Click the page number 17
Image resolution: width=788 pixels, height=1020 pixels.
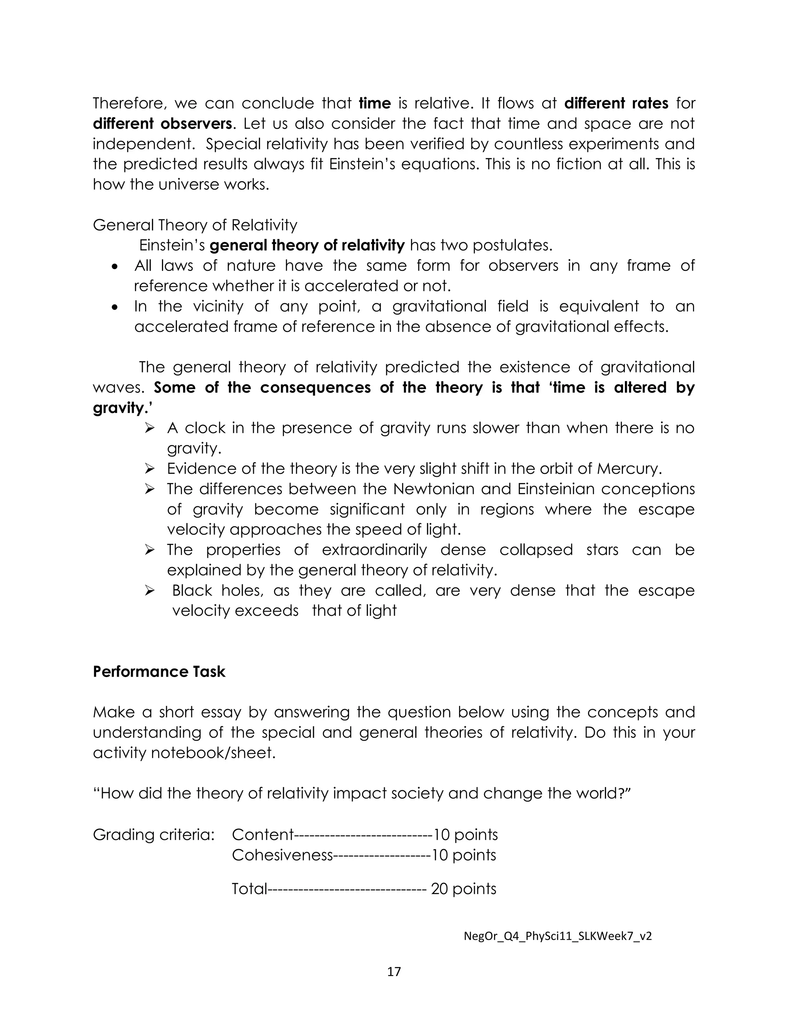(394, 972)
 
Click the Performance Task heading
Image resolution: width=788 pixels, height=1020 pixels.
(159, 672)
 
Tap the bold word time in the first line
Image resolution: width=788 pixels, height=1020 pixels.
(374, 103)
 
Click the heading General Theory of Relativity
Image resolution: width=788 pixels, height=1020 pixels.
(195, 225)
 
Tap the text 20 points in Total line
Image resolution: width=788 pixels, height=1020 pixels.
(463, 888)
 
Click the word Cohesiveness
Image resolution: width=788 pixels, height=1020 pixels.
(282, 855)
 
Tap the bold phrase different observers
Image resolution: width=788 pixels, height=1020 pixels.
(162, 124)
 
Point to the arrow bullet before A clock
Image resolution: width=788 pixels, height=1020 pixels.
(149, 428)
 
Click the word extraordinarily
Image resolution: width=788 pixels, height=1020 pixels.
(374, 550)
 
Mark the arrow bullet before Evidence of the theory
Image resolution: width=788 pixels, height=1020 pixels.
(149, 469)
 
